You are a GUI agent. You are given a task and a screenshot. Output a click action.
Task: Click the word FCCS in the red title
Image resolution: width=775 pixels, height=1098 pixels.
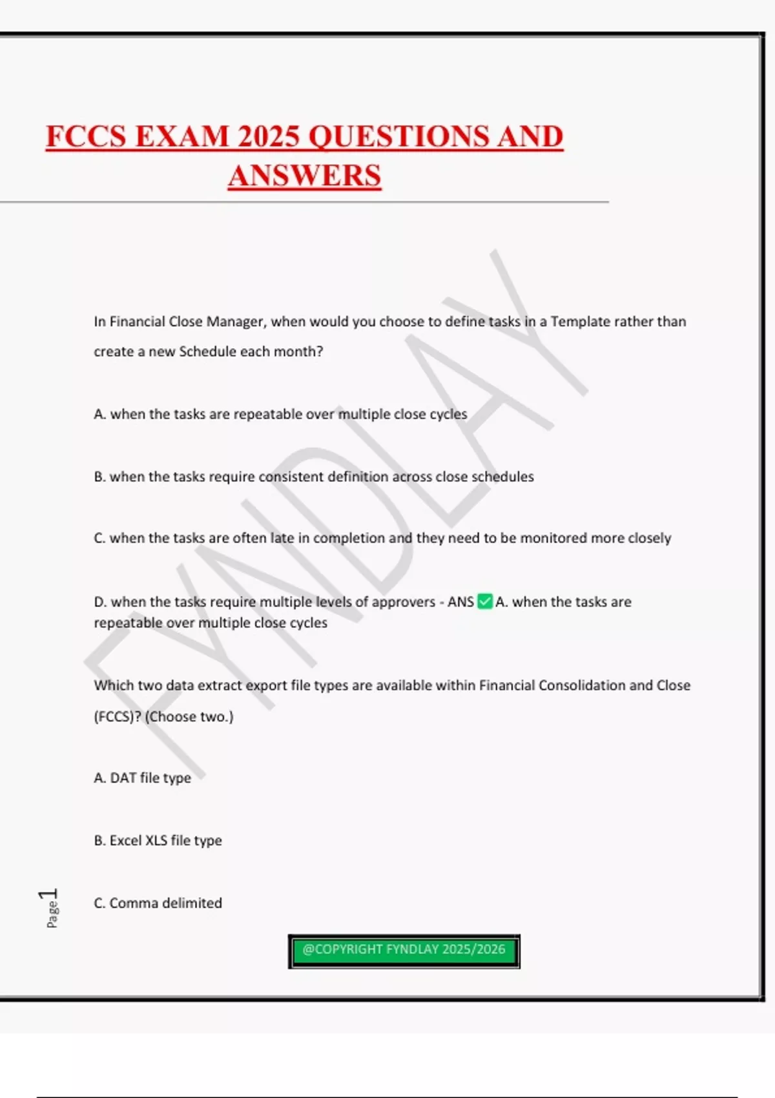(x=85, y=136)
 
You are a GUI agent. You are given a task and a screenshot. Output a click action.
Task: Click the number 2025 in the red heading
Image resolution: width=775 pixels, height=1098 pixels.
(x=268, y=136)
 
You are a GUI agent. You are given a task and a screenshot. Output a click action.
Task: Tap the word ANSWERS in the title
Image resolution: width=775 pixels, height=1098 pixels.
(x=304, y=176)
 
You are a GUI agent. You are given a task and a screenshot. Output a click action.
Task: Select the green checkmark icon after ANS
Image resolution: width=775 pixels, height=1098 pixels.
(x=484, y=602)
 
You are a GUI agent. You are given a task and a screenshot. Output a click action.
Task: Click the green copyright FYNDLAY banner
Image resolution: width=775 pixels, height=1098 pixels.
(x=404, y=950)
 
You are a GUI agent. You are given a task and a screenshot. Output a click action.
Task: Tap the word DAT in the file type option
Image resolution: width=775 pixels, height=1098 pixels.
(x=123, y=778)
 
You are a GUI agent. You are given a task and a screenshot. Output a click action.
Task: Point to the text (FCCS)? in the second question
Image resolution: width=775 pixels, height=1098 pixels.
(x=118, y=716)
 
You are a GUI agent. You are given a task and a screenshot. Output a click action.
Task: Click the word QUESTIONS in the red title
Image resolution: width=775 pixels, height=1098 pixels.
(x=398, y=136)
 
